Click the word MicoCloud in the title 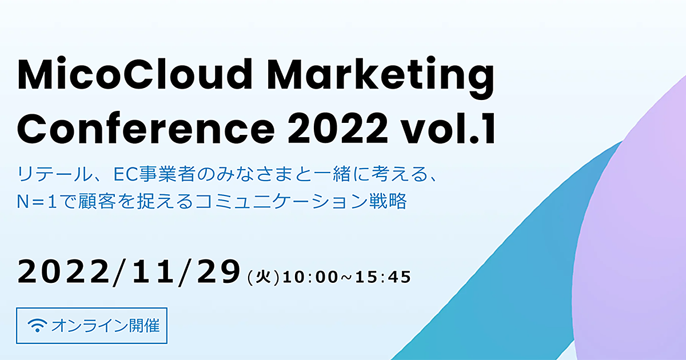click(135, 74)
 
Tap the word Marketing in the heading click(381, 78)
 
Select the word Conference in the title click(146, 129)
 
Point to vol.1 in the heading click(448, 128)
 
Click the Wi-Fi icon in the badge click(37, 325)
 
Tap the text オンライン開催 click(106, 326)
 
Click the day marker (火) click(264, 278)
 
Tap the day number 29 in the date click(218, 272)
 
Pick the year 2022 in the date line click(63, 272)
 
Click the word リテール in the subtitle click(55, 174)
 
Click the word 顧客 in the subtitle click(93, 201)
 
